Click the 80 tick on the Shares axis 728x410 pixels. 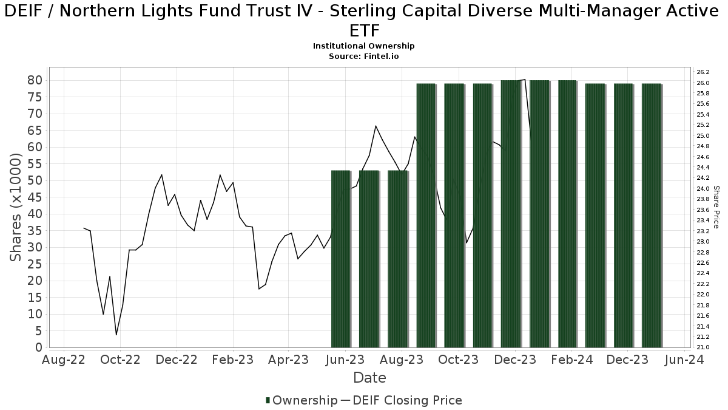[33, 80]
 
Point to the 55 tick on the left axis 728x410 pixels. [33, 164]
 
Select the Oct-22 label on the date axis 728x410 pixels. [120, 360]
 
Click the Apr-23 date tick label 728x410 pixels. [289, 360]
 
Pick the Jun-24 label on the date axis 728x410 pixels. [684, 360]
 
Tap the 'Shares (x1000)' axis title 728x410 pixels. [16, 207]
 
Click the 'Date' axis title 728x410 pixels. [369, 378]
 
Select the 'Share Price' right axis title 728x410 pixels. [716, 207]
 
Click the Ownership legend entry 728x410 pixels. [302, 400]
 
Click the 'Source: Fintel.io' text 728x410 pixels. [364, 56]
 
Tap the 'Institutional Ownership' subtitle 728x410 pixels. [364, 46]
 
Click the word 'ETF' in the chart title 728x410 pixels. [364, 31]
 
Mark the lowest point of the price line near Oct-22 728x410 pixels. [116, 335]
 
